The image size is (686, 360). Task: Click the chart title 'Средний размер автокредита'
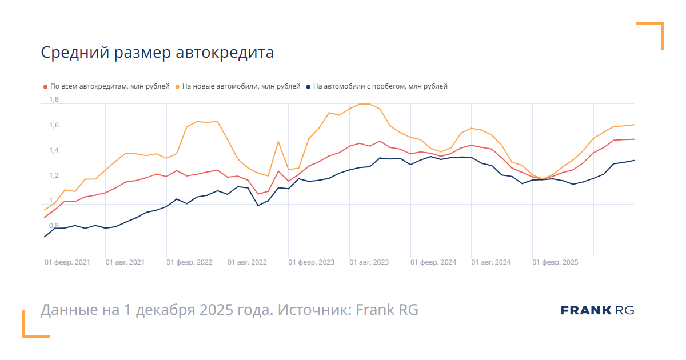click(x=157, y=53)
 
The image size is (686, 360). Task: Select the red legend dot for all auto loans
click(x=45, y=87)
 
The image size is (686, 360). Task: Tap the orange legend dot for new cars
click(x=177, y=87)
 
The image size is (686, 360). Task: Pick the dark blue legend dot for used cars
click(x=308, y=87)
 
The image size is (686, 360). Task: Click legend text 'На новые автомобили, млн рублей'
click(x=241, y=87)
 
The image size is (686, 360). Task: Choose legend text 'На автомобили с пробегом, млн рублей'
click(x=380, y=87)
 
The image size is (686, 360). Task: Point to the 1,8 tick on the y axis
click(x=54, y=100)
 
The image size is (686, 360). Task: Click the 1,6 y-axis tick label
click(x=54, y=125)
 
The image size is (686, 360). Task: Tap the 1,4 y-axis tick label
click(x=54, y=150)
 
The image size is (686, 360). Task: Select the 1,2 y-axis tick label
click(x=54, y=175)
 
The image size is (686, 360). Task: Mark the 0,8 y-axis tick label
click(x=54, y=226)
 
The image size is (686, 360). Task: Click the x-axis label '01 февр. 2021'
click(x=67, y=262)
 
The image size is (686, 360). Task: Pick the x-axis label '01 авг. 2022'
click(x=247, y=262)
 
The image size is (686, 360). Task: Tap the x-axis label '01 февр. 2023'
click(x=312, y=262)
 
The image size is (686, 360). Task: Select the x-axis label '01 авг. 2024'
click(x=491, y=262)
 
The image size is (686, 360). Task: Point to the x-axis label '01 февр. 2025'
click(x=556, y=262)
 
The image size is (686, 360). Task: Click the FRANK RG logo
click(x=597, y=310)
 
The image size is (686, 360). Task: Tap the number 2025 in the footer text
click(x=217, y=310)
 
